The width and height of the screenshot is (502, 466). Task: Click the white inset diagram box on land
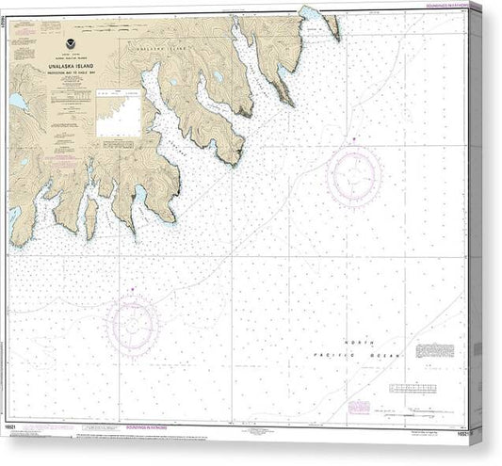(118, 114)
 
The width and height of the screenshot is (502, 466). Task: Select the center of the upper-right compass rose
(354, 176)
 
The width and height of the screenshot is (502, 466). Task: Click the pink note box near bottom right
(359, 407)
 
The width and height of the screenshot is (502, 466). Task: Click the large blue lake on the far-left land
(17, 100)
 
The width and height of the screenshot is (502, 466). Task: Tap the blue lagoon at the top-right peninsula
(310, 13)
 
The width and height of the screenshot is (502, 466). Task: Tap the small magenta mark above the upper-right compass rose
(353, 138)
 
